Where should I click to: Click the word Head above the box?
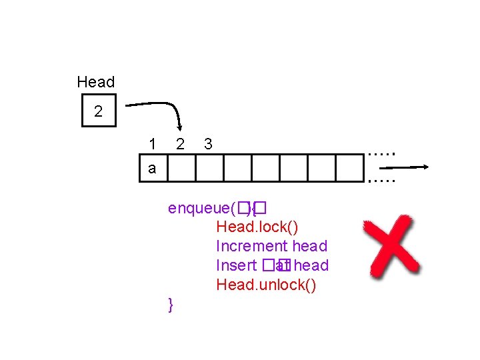[95, 82]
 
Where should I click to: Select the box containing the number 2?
[99, 111]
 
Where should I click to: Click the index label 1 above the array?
[153, 143]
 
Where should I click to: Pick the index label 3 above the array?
[208, 143]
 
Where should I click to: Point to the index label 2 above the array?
[180, 143]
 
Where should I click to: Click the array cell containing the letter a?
[153, 168]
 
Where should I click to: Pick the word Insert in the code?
[236, 265]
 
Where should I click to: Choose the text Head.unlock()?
[266, 285]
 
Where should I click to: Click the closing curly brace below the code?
[171, 305]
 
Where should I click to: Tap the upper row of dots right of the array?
[382, 153]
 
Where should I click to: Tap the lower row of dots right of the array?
[382, 180]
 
